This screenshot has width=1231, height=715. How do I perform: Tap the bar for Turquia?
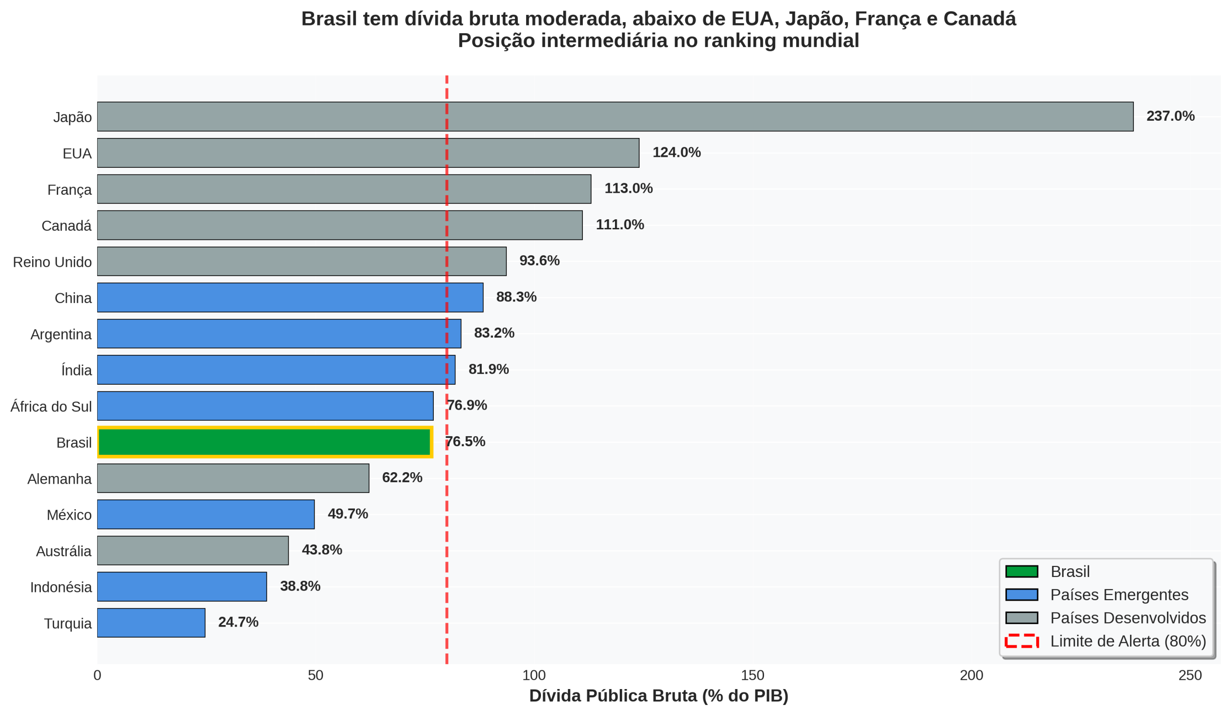pos(151,623)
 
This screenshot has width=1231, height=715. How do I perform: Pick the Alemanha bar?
pos(233,478)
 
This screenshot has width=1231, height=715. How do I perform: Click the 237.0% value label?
pos(1170,116)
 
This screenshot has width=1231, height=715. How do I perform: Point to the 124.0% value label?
pos(677,152)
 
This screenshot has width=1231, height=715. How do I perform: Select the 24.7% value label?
pos(238,622)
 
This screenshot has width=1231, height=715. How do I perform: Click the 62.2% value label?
pos(402,477)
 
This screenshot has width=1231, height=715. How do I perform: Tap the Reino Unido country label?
pos(52,262)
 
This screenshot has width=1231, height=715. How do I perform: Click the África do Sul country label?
pos(51,407)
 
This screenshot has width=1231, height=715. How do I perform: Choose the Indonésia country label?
pos(61,588)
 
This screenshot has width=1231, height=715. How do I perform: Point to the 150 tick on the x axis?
pos(752,676)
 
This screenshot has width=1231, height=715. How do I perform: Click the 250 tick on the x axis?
pos(1190,676)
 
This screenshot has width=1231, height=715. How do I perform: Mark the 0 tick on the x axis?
pos(97,676)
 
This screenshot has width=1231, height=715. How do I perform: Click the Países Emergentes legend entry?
pos(1119,595)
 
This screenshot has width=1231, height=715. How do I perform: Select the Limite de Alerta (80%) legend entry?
pos(1128,641)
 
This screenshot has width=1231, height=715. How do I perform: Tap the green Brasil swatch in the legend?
pos(1021,571)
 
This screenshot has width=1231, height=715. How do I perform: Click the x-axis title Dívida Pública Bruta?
pos(658,696)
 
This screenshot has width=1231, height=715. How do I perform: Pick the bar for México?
pos(206,514)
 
